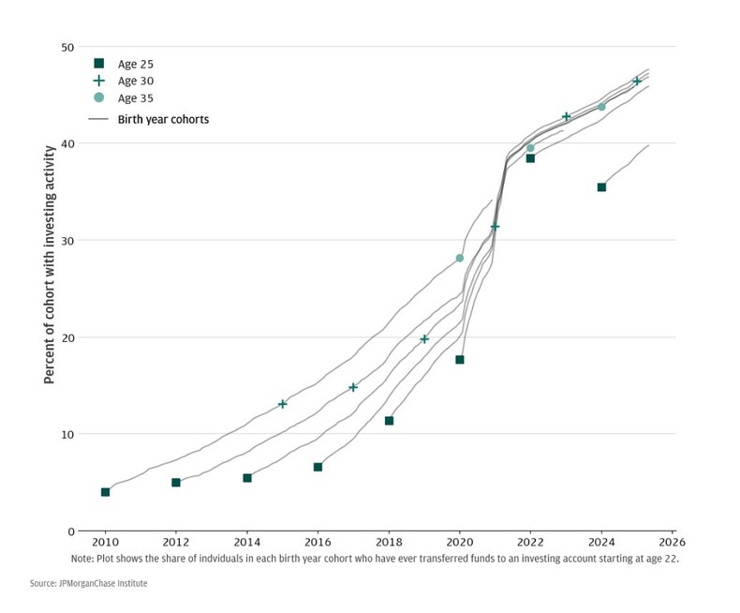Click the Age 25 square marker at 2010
click(x=105, y=492)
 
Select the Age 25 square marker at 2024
click(x=601, y=187)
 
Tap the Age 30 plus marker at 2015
click(x=283, y=404)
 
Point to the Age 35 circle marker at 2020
click(x=459, y=258)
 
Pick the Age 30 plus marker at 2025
click(x=637, y=82)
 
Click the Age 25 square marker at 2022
click(x=530, y=158)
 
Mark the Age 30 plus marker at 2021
click(x=495, y=227)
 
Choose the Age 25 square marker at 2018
click(x=389, y=421)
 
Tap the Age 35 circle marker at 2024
click(x=601, y=107)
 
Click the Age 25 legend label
click(x=136, y=64)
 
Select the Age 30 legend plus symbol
click(x=98, y=81)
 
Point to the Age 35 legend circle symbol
click(x=98, y=97)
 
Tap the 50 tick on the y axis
click(x=67, y=47)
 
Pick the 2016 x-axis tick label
click(x=318, y=543)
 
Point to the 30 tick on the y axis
click(x=67, y=241)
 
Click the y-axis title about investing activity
click(x=50, y=281)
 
